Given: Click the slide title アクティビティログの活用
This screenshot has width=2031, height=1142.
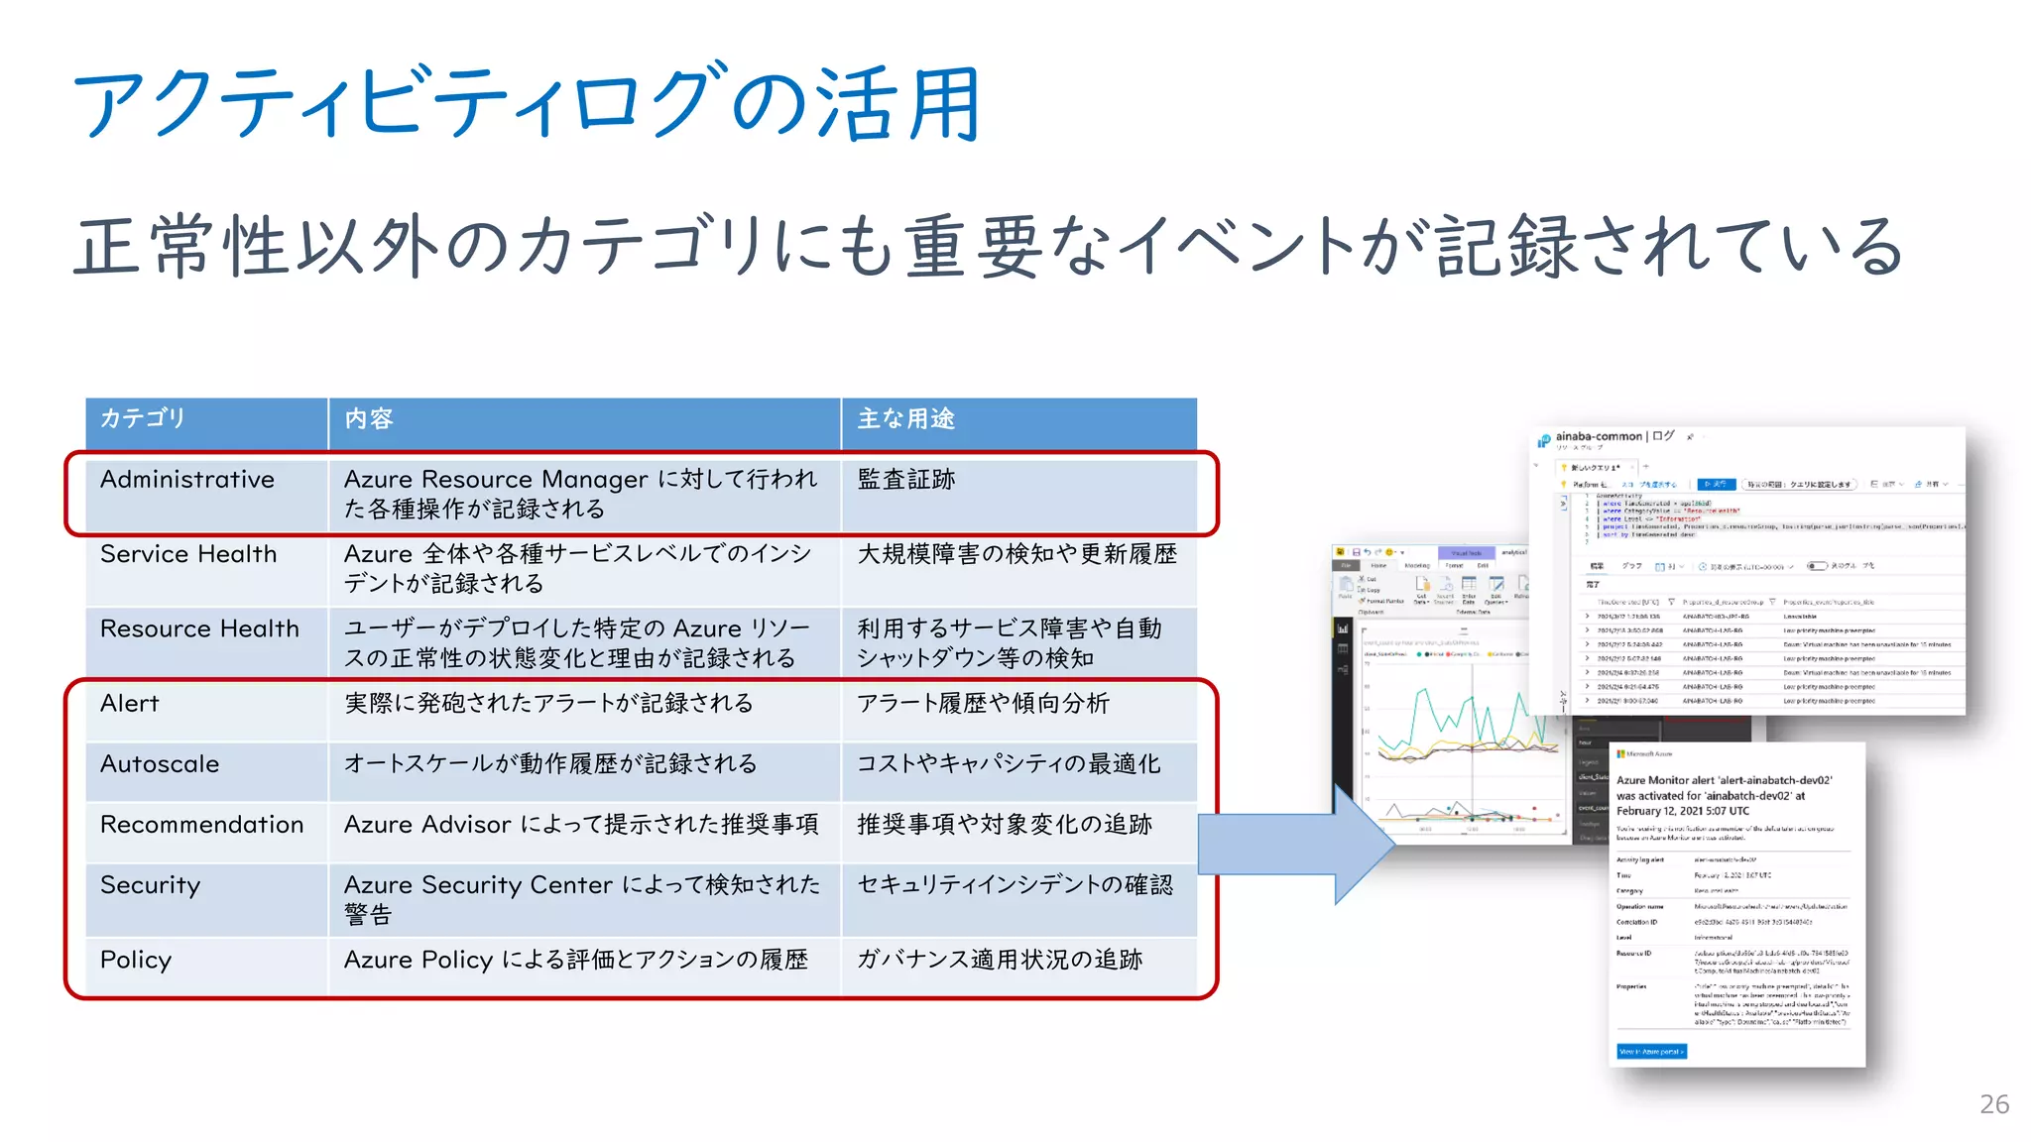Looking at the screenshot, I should [x=526, y=104].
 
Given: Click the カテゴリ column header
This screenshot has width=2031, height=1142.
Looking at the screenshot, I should [x=143, y=418].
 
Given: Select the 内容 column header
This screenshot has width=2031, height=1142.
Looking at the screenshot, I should [x=369, y=418].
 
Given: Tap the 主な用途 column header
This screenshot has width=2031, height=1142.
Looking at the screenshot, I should [x=905, y=418].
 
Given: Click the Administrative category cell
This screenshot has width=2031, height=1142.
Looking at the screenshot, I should [x=187, y=480].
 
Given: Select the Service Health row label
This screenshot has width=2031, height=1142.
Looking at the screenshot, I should [x=188, y=554].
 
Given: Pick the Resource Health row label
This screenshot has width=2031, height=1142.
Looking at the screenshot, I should [x=199, y=628].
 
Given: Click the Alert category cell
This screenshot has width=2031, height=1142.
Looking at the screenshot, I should [x=130, y=704].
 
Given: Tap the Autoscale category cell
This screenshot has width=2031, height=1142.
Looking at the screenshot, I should [x=160, y=764].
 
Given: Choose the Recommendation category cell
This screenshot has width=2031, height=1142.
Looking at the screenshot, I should [x=201, y=825].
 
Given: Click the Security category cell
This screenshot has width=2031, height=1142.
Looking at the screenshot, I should [x=151, y=885].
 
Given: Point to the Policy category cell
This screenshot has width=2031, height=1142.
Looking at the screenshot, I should [x=136, y=960].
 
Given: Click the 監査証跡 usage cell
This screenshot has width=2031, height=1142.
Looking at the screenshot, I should [x=905, y=480].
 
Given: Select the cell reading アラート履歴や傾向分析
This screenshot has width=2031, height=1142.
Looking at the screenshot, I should [x=983, y=704].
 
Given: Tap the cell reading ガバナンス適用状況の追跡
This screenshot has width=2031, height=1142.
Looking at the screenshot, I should [x=1000, y=960].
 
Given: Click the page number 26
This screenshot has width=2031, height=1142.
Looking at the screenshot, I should [x=1993, y=1104].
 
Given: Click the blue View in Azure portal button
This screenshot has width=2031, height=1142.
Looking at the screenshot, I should [x=1651, y=1052].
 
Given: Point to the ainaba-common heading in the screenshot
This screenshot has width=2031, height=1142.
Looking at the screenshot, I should [x=1599, y=436].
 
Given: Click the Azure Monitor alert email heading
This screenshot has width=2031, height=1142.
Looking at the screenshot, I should [x=1724, y=795].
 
